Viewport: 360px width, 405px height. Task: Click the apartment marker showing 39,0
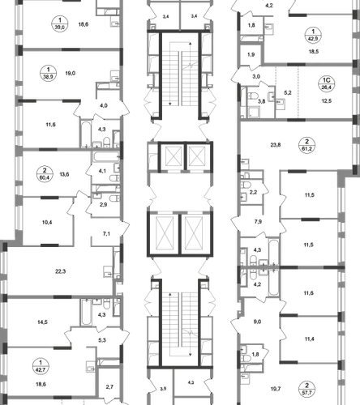click(60, 23)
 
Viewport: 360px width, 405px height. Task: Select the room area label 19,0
click(71, 73)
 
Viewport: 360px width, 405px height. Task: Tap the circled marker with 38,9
click(49, 73)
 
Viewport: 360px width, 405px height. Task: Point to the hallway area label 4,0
click(104, 105)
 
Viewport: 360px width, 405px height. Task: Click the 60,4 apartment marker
click(45, 174)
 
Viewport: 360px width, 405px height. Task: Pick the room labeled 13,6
click(64, 174)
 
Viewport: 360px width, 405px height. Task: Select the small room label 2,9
click(103, 205)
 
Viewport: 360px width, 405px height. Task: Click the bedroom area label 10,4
click(47, 223)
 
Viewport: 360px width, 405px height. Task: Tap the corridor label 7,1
click(106, 234)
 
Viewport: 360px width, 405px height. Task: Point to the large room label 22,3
click(61, 271)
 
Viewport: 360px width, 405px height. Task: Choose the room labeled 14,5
click(42, 322)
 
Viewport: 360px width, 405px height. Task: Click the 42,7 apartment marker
click(41, 366)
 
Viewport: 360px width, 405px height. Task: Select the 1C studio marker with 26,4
click(327, 83)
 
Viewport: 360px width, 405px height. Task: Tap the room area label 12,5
click(327, 101)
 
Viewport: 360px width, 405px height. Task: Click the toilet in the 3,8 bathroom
click(254, 96)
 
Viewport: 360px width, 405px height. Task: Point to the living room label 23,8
click(276, 145)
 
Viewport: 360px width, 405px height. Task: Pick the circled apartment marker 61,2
click(306, 145)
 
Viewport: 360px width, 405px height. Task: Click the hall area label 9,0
click(257, 322)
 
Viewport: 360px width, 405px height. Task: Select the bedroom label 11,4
click(309, 339)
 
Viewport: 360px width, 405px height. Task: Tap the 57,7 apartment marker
click(306, 389)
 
